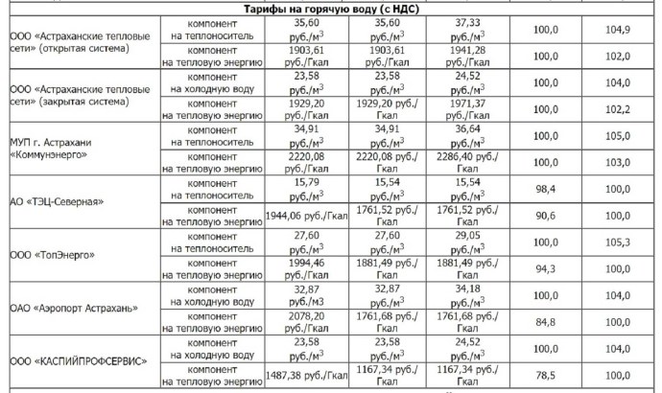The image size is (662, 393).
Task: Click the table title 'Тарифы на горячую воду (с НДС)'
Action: (331, 9)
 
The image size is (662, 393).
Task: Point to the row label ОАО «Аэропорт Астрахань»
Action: (75, 309)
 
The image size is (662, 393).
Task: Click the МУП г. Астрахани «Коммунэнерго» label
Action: (50, 146)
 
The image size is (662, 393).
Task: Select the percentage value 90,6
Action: (547, 216)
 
